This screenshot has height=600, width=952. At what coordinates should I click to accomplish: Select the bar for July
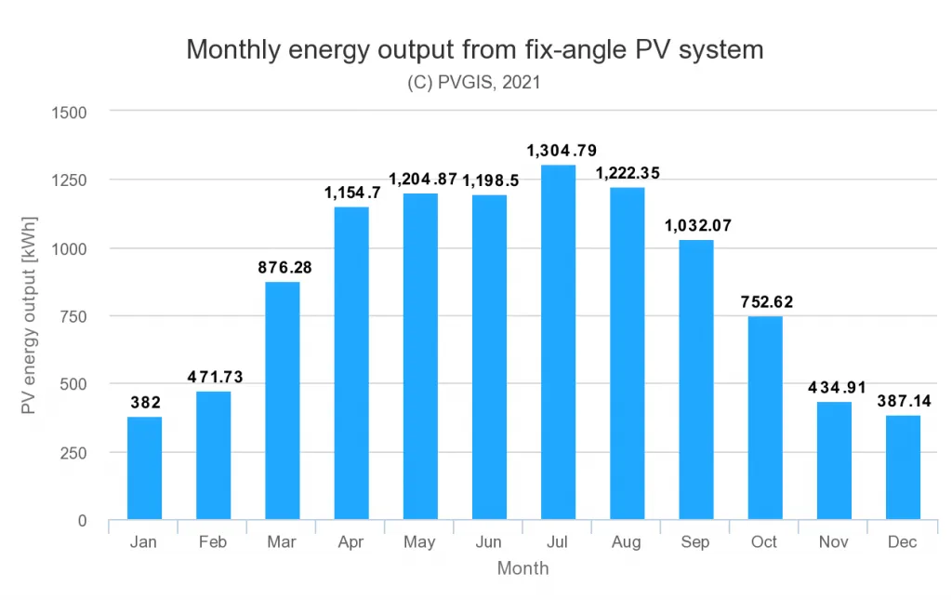coord(558,342)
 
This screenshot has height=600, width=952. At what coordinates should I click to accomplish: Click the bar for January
coord(144,468)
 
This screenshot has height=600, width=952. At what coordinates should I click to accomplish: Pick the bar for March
coord(283,401)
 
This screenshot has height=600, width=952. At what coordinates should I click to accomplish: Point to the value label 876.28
coord(285,267)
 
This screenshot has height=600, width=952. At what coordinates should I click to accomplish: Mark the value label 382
coord(145,403)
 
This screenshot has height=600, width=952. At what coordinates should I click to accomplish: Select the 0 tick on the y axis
coord(82,520)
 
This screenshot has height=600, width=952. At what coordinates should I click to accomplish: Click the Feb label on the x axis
coord(213,542)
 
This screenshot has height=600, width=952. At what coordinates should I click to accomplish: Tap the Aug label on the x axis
coord(627,542)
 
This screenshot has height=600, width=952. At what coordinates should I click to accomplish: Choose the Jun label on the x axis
coord(489,542)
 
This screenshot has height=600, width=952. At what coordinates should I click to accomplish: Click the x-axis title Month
coord(522,568)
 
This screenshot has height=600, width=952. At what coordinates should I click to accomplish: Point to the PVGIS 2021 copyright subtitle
coord(474,83)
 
